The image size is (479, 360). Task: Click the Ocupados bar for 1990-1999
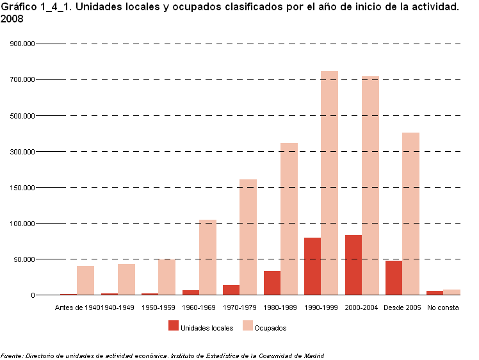click(x=329, y=183)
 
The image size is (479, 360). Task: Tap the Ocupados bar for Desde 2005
click(x=410, y=214)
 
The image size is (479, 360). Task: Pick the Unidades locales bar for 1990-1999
click(x=313, y=266)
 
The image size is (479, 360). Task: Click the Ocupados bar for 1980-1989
click(x=289, y=219)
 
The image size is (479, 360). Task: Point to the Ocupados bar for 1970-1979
click(x=248, y=237)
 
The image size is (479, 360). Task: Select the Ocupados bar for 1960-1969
click(x=207, y=258)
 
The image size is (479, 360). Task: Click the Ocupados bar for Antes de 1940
click(x=85, y=281)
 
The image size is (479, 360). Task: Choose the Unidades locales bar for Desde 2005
click(x=394, y=278)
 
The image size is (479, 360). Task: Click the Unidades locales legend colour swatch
click(x=173, y=325)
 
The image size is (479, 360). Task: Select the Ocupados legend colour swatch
click(x=247, y=325)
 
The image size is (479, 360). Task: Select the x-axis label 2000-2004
click(x=362, y=308)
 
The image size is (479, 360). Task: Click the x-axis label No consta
click(x=443, y=308)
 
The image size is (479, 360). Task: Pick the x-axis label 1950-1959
click(x=158, y=308)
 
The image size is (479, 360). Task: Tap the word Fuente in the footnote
click(x=12, y=356)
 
